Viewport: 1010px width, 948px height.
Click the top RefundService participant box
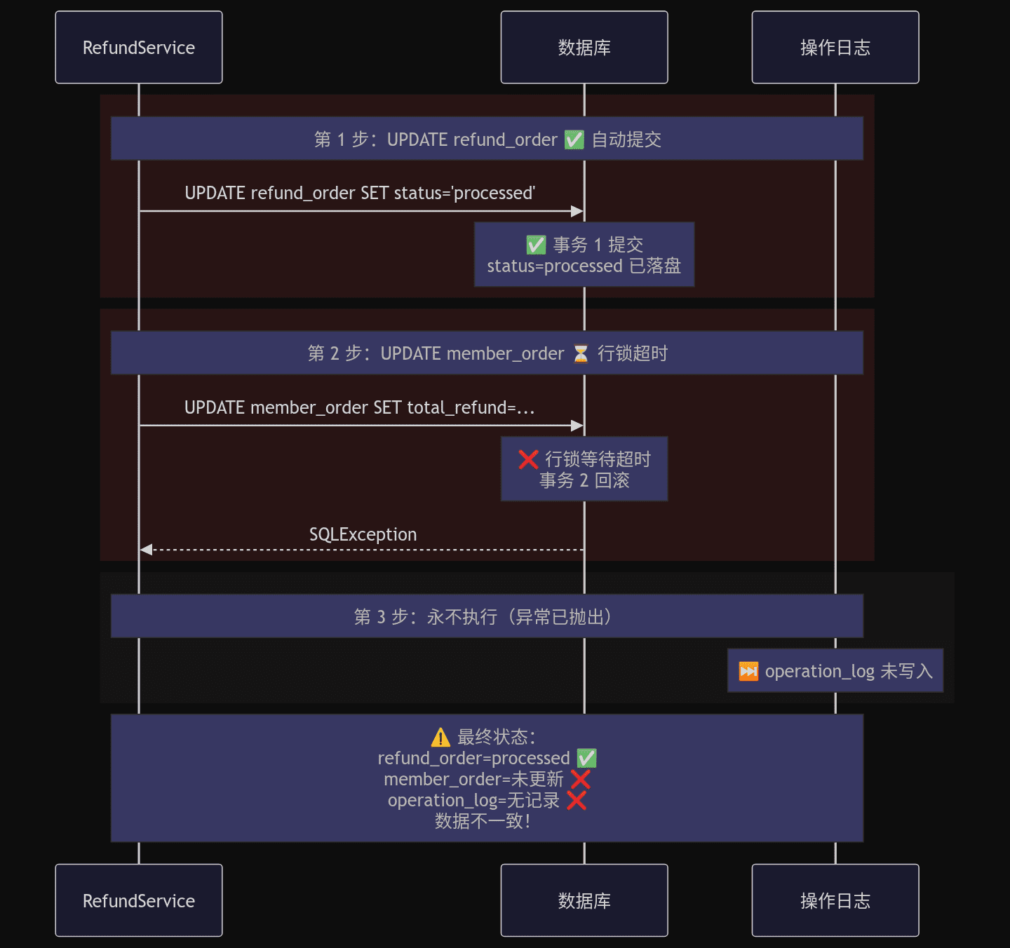click(x=139, y=47)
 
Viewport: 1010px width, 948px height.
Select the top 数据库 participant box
click(x=584, y=47)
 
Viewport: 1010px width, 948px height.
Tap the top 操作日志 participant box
click(x=835, y=47)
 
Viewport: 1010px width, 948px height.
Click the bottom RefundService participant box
click(x=139, y=900)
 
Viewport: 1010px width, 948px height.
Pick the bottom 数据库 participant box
click(x=584, y=900)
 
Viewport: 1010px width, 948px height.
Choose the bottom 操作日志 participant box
click(x=835, y=900)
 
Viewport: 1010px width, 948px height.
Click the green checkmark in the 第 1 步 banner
click(x=574, y=140)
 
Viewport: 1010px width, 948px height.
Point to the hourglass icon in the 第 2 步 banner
click(x=580, y=353)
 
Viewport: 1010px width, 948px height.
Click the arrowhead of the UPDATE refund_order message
click(x=577, y=211)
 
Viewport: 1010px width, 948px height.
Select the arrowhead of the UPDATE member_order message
click(x=577, y=426)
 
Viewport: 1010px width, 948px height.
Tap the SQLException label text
click(x=363, y=534)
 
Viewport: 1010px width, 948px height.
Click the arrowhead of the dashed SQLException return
click(x=147, y=550)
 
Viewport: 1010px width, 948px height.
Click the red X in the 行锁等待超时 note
click(x=528, y=459)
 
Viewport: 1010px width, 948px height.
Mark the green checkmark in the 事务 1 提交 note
click(x=536, y=245)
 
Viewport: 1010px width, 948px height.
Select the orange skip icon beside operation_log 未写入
click(x=748, y=671)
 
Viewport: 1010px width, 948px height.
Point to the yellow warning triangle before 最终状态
click(x=440, y=737)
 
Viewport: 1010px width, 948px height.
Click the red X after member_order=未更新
click(x=580, y=779)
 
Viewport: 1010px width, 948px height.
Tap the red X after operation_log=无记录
click(x=577, y=801)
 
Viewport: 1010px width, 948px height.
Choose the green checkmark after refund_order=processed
click(x=587, y=758)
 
